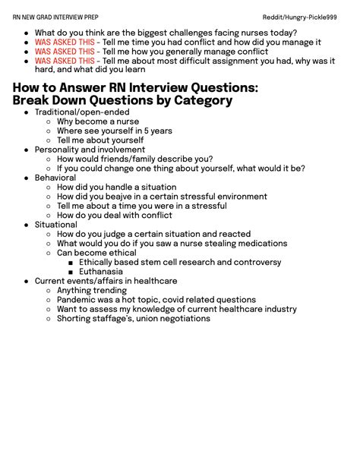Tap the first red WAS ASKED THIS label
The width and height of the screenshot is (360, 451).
(65, 43)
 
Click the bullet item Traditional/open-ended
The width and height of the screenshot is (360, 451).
(81, 112)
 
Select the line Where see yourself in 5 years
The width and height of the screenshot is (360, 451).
(114, 131)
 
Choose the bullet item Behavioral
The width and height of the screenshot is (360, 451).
(55, 178)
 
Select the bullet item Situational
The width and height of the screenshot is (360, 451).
(55, 225)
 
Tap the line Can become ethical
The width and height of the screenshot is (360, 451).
(96, 253)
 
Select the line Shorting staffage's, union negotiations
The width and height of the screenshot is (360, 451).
(133, 318)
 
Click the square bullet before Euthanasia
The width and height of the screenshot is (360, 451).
(71, 272)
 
